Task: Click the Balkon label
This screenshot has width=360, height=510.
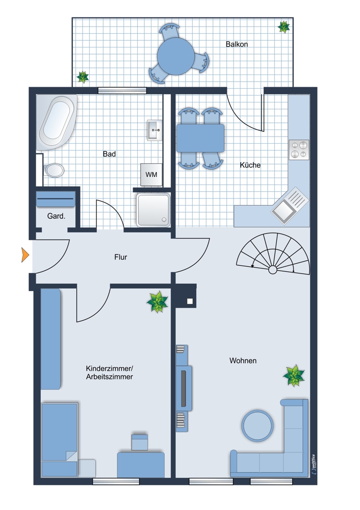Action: click(x=237, y=44)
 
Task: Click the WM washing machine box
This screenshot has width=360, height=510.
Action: click(x=151, y=174)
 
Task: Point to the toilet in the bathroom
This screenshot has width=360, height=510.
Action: click(x=54, y=170)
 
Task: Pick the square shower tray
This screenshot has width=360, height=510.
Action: click(x=153, y=210)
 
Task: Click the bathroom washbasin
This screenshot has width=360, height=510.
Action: click(x=155, y=130)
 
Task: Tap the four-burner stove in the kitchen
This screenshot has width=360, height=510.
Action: click(x=299, y=149)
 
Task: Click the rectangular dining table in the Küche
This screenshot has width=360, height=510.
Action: click(x=200, y=138)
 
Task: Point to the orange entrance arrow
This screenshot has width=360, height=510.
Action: click(x=25, y=254)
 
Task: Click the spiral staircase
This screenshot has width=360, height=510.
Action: click(x=273, y=253)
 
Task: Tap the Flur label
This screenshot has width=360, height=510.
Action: click(x=121, y=257)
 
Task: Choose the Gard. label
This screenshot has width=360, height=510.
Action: click(x=56, y=216)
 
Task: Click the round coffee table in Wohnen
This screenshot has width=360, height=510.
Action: click(x=257, y=426)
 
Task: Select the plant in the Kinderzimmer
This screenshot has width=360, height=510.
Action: click(x=158, y=302)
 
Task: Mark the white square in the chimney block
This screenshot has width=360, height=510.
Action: click(x=190, y=301)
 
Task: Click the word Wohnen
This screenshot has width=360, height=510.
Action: click(x=243, y=361)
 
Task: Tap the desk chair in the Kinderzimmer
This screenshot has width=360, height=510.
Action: click(x=140, y=442)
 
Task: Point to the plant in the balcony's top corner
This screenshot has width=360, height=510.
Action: click(x=284, y=27)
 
